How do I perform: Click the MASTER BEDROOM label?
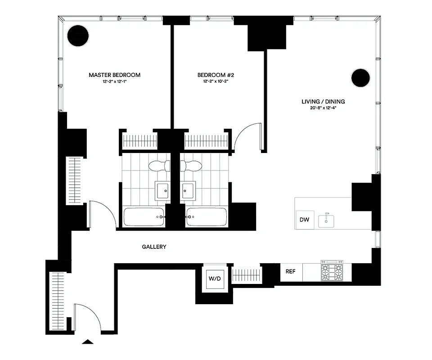[114, 75]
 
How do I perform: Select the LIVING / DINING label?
[323, 102]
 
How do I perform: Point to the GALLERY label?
[154, 247]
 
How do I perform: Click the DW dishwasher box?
[305, 220]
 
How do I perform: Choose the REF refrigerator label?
[291, 271]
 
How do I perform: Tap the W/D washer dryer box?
[215, 279]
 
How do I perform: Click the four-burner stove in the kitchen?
[331, 272]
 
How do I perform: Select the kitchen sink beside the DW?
[326, 220]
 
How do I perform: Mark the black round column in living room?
[360, 78]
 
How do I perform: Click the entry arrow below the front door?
[88, 342]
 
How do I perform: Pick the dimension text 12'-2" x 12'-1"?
[114, 82]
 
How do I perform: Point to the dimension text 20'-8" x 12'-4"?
[323, 109]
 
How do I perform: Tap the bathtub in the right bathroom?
[207, 217]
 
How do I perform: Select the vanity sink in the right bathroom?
[188, 190]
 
